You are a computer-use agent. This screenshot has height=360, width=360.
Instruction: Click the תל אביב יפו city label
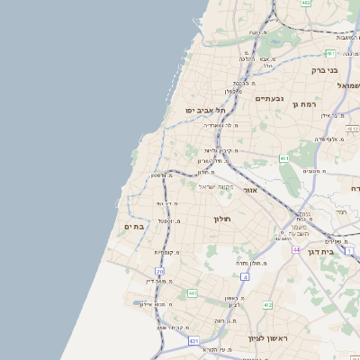[x=203, y=110]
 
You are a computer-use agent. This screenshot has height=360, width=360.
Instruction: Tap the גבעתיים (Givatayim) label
[x=270, y=98]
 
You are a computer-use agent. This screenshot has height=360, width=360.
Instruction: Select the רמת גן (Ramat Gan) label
[x=307, y=104]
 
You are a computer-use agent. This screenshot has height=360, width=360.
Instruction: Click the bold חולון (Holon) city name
[x=222, y=219]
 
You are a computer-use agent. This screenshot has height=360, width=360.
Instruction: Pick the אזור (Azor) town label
[x=250, y=191]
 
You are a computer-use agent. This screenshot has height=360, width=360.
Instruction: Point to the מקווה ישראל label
[x=215, y=185]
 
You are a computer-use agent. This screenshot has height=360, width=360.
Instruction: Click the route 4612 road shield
[x=353, y=129]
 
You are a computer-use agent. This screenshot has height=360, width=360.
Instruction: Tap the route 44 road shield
[x=296, y=248]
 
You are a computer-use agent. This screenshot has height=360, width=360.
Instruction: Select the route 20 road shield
[x=159, y=270]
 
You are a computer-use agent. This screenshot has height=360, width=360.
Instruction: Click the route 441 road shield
[x=192, y=292]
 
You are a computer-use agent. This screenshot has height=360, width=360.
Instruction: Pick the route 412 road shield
[x=267, y=305]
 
